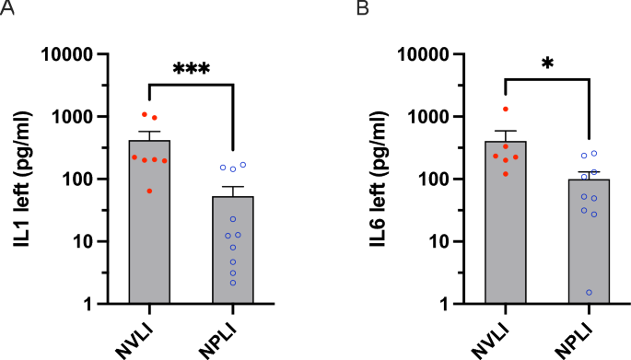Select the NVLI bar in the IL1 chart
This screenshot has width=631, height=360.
point(148,239)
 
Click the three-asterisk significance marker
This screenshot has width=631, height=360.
point(191,69)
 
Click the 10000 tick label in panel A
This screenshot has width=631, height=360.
point(77,54)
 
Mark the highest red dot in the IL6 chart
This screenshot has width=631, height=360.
point(505,110)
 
